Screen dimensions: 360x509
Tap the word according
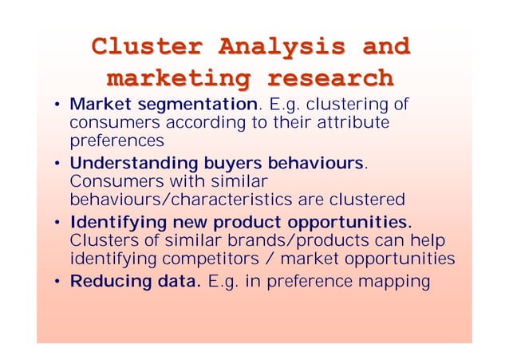(180, 124)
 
